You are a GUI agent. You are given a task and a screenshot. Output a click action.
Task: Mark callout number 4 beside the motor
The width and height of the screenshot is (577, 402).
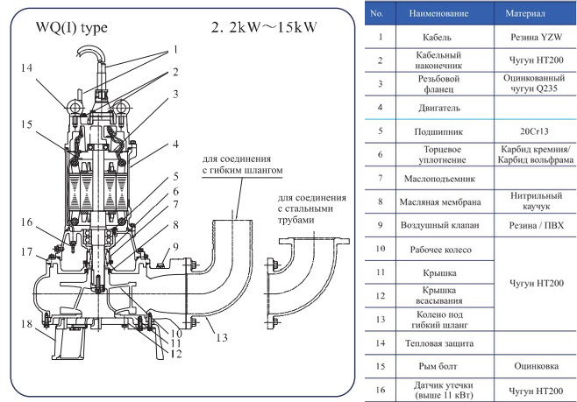point(175,143)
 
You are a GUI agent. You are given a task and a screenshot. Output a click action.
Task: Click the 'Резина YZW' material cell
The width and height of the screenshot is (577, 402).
point(532,39)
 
